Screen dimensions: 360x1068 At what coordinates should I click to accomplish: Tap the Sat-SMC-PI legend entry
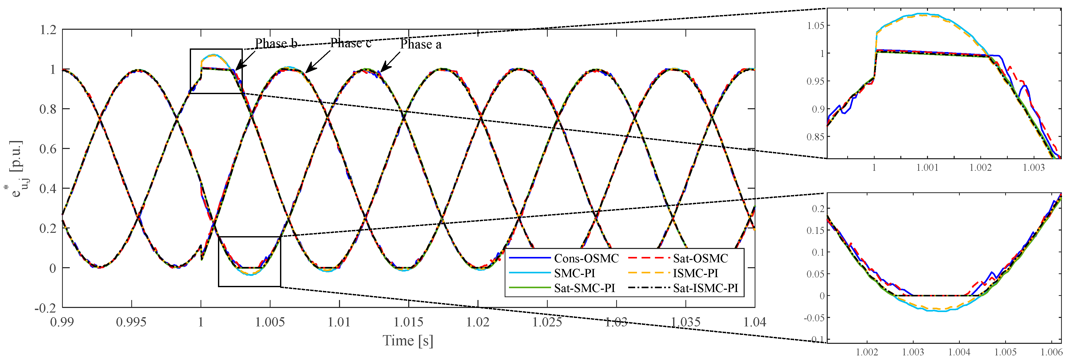coord(584,288)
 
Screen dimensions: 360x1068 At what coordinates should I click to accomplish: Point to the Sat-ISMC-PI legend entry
coord(705,288)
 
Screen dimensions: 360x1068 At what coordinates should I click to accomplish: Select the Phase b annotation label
coord(276,43)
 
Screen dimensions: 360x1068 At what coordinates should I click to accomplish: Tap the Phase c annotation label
coord(350,43)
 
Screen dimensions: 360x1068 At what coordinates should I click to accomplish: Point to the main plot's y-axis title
coord(17,168)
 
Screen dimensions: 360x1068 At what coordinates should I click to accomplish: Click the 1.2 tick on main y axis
coord(48,30)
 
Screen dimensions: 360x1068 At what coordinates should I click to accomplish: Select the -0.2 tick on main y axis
coord(45,308)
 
